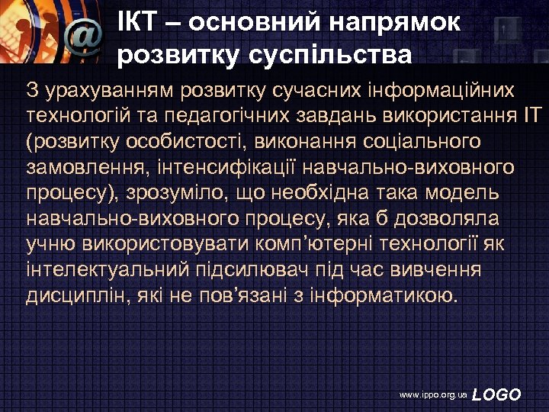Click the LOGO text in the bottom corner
click(x=496, y=394)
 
